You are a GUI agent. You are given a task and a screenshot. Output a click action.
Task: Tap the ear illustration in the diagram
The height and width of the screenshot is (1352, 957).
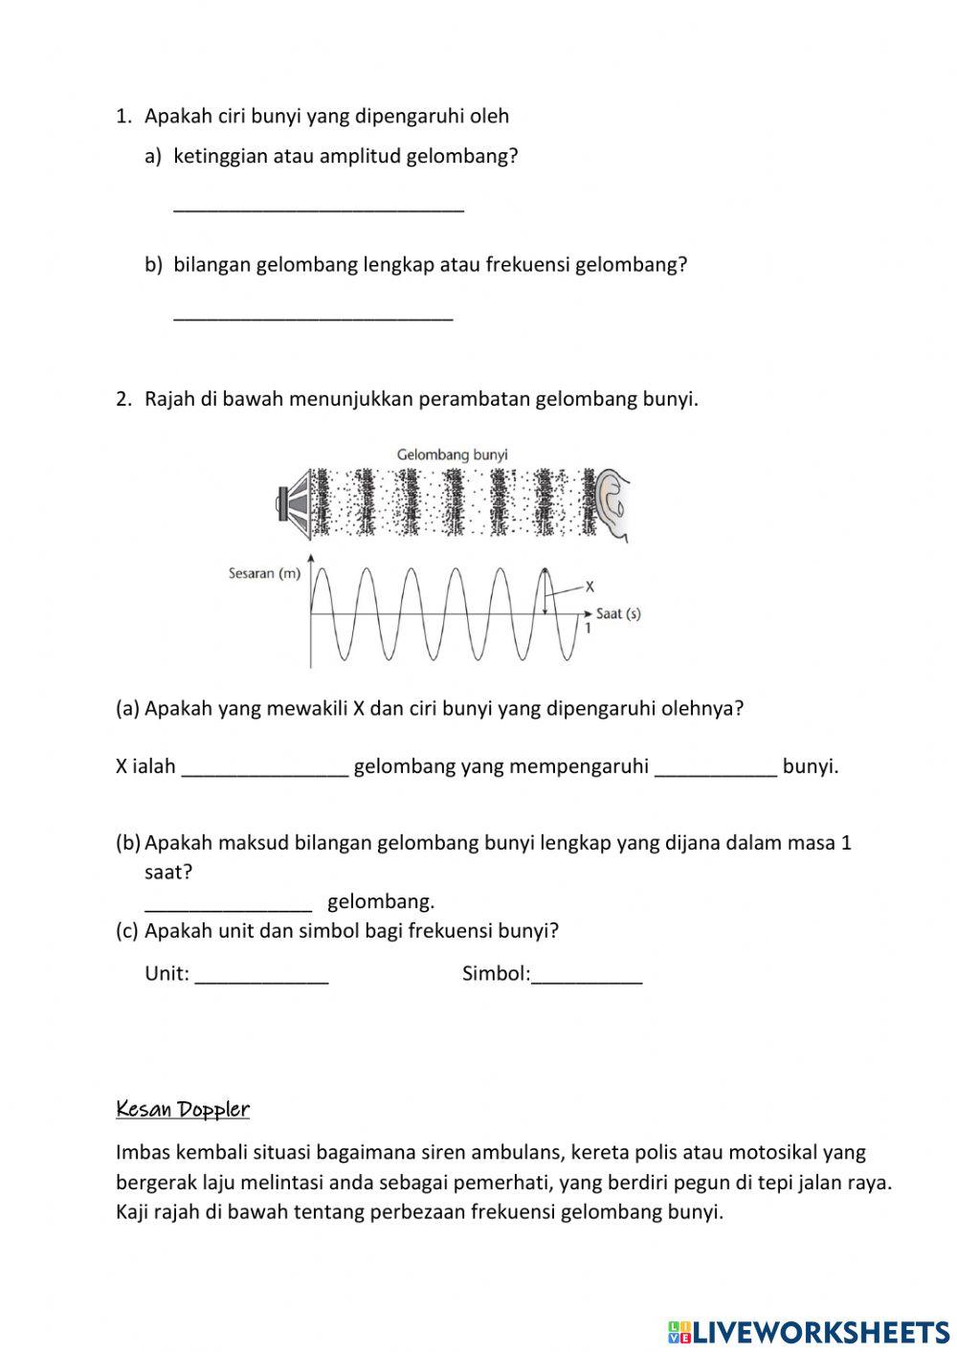612,504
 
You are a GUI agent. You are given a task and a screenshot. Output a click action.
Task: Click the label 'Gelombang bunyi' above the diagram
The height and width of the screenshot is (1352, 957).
452,454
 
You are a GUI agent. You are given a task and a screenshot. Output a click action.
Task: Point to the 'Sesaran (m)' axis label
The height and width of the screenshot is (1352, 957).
263,574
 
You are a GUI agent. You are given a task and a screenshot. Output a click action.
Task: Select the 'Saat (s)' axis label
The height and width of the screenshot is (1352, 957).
617,613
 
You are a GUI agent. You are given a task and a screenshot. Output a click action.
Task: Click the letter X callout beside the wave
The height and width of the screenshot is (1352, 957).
590,587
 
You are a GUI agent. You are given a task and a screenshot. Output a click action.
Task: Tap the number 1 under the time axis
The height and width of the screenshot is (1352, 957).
588,630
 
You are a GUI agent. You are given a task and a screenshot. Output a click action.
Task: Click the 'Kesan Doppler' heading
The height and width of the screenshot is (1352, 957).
182,1109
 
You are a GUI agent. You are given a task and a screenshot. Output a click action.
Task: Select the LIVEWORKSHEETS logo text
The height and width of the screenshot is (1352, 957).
819,1331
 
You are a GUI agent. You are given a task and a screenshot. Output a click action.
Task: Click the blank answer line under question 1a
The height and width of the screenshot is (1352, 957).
318,207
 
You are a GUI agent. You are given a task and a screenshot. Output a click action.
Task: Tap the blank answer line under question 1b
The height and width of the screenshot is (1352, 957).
312,316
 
